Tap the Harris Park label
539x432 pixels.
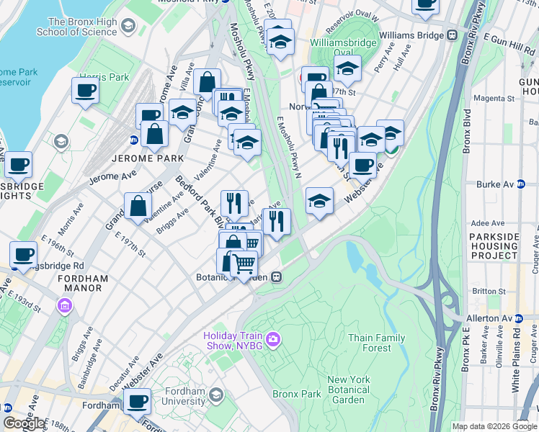(104, 77)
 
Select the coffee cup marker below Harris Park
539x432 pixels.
(84, 91)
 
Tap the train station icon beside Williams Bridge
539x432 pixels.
(453, 34)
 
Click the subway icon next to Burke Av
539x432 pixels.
(521, 184)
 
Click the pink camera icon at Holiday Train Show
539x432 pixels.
(272, 339)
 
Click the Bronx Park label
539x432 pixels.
(296, 394)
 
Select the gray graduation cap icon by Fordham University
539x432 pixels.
(215, 395)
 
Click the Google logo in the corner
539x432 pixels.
(24, 423)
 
